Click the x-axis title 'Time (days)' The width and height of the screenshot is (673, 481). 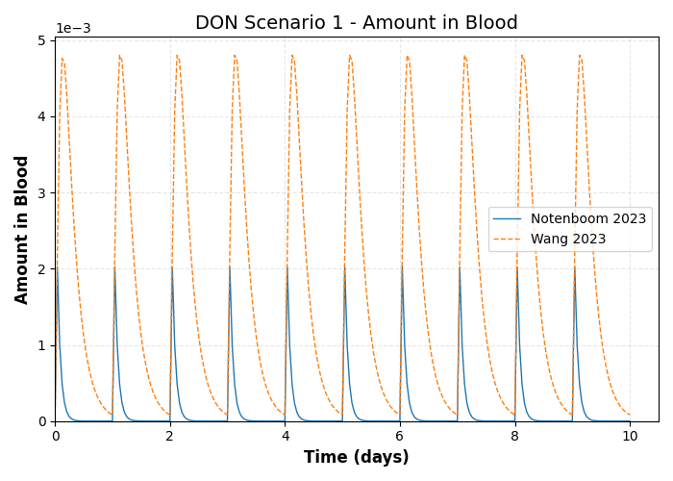tap(356, 458)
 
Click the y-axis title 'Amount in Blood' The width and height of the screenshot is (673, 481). tap(22, 229)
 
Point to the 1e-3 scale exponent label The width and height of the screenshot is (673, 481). tap(73, 29)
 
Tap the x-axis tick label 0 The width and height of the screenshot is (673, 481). tap(55, 436)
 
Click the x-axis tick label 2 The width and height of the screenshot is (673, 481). tap(170, 436)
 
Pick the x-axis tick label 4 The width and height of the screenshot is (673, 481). tap(285, 436)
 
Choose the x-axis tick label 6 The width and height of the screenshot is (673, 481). tap(400, 436)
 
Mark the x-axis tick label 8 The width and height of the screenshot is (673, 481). tap(514, 436)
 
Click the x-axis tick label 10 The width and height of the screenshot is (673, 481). tap(630, 436)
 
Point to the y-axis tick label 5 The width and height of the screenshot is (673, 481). tap(41, 40)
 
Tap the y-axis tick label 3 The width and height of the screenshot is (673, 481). tap(41, 193)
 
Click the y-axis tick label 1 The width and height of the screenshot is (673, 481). tap(41, 345)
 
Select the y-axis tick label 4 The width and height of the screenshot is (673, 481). tap(41, 117)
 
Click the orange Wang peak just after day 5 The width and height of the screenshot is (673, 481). tap(350, 56)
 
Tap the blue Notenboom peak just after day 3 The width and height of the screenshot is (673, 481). tap(229, 267)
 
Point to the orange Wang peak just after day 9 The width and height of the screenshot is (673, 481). tap(580, 56)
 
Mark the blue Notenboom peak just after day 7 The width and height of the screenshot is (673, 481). tap(459, 267)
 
